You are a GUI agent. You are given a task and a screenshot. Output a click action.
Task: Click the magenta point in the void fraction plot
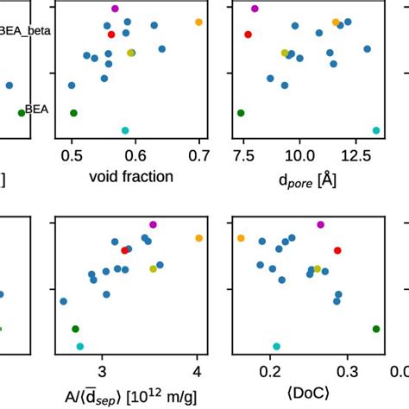coord(115,9)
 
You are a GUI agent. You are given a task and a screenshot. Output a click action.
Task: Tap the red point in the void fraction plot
coord(111,35)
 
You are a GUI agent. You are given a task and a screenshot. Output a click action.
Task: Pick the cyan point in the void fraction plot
coord(125,130)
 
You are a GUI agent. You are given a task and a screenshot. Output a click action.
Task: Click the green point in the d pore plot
coord(241,113)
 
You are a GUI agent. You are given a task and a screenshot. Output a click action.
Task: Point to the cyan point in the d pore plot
coord(376,130)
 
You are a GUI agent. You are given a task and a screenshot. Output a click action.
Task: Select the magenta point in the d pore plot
coord(255,9)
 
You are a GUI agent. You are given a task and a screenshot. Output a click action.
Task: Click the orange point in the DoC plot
coord(242,237)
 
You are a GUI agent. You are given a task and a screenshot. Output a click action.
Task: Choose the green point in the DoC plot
coord(376,329)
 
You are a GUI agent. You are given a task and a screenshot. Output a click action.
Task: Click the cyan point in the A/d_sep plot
coord(80,346)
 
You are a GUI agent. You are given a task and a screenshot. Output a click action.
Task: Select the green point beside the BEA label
coord(22,113)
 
